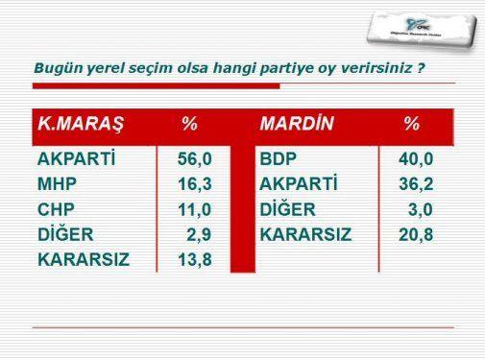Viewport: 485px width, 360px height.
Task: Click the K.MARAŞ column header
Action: point(81,124)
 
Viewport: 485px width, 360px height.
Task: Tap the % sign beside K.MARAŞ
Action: point(190,124)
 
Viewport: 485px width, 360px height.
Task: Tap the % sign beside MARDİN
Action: point(411,124)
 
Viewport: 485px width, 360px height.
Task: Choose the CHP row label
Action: point(56,209)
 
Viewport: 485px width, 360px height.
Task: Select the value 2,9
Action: point(199,234)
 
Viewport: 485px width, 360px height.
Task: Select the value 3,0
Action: point(420,209)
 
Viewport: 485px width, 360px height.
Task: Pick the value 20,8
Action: point(414,234)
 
